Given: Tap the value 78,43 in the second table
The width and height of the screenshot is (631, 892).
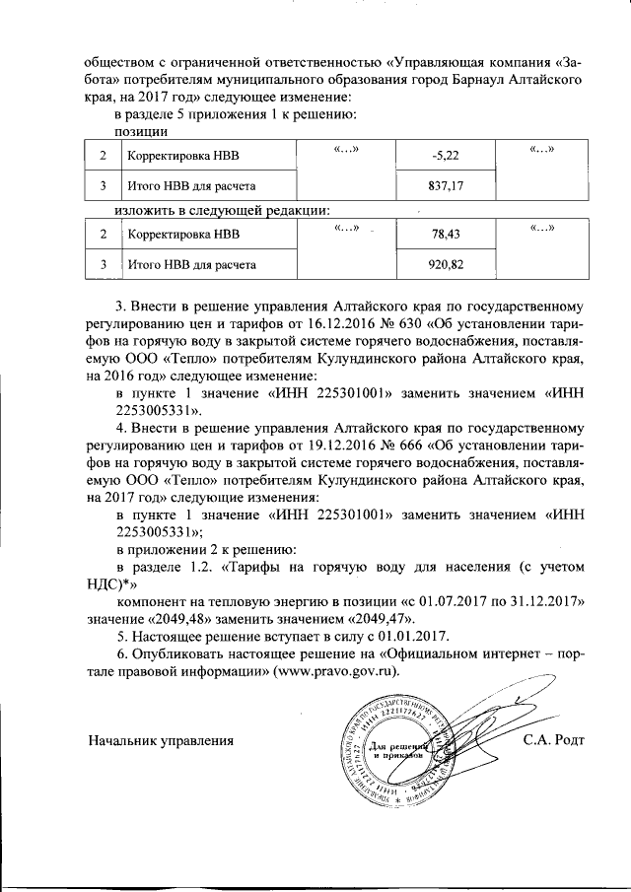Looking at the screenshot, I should point(446,236).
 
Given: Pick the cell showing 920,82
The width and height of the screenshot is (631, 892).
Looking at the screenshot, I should point(446,265).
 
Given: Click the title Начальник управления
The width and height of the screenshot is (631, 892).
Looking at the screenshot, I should point(161,740).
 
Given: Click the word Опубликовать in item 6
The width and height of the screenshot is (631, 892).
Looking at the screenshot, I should point(182,653).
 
